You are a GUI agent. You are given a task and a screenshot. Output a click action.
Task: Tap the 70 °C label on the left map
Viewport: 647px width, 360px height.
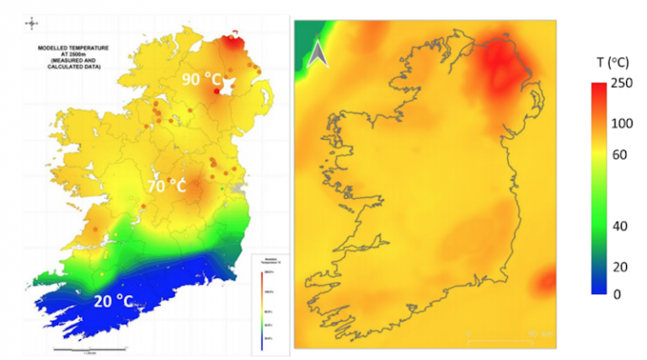[x=165, y=185]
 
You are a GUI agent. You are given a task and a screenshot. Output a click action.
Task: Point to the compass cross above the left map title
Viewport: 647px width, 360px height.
[x=32, y=24]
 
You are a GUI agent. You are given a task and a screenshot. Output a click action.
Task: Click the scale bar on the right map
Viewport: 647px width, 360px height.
[x=505, y=339]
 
